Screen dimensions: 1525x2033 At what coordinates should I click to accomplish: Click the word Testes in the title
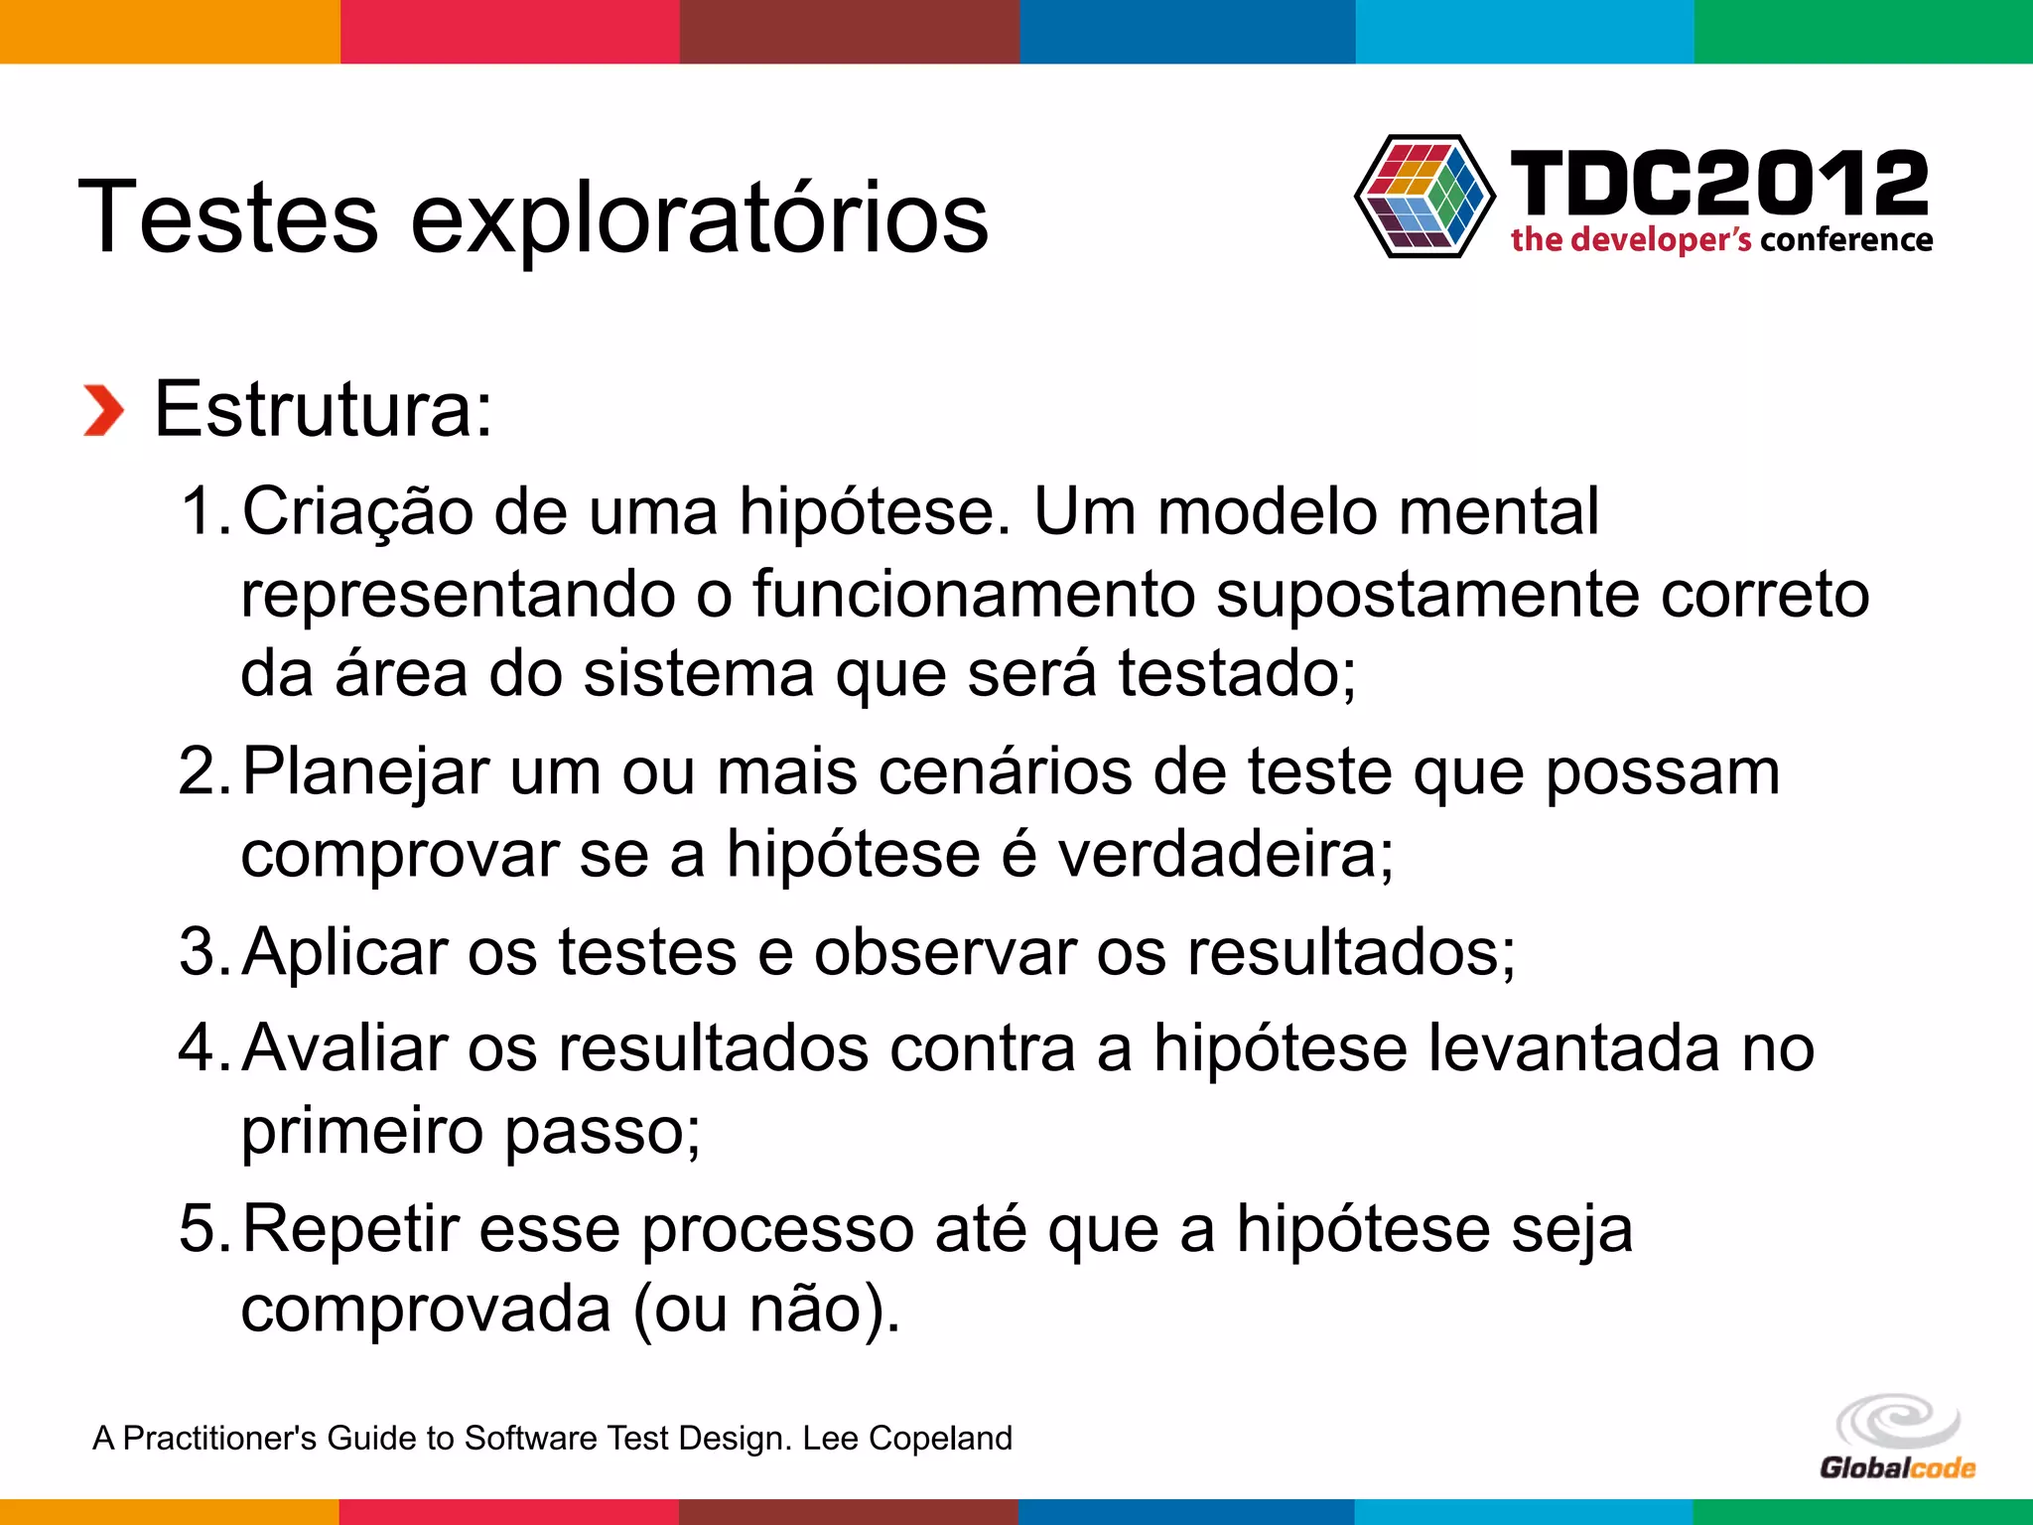[227, 216]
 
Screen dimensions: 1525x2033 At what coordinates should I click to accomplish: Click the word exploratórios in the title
[699, 218]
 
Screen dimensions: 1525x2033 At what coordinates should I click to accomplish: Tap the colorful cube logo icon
[1424, 197]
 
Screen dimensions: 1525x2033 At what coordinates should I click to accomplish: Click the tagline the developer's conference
[1721, 239]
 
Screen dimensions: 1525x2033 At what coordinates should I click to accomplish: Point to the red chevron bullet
[103, 410]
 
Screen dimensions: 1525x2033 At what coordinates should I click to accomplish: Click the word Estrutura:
[324, 408]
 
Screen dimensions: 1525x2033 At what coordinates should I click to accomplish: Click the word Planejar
[365, 771]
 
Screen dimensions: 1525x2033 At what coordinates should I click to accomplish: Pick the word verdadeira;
[1225, 853]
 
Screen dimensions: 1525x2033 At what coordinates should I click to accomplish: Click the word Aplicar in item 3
[345, 951]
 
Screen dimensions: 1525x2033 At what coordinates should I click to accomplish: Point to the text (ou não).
[766, 1309]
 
